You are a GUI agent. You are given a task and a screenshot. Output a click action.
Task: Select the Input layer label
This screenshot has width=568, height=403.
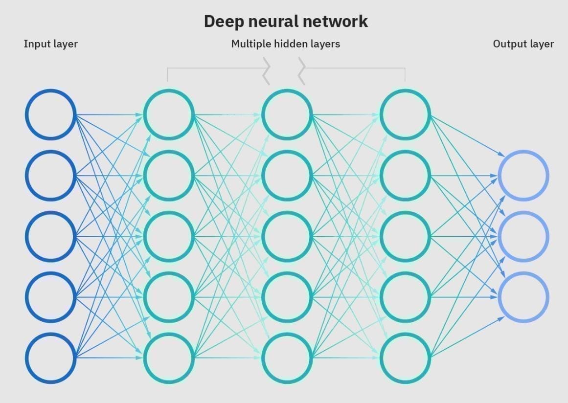pyautogui.click(x=50, y=44)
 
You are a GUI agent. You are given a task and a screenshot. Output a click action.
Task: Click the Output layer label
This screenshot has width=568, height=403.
pyautogui.click(x=523, y=44)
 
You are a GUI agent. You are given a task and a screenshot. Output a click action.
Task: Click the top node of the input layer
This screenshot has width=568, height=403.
pyautogui.click(x=50, y=114)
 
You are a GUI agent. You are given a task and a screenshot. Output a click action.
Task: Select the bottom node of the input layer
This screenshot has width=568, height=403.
pyautogui.click(x=50, y=358)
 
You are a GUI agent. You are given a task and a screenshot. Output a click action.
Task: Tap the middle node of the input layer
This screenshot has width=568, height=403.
pyautogui.click(x=50, y=236)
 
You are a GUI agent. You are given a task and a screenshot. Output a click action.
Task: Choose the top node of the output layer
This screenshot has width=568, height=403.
pyautogui.click(x=523, y=175)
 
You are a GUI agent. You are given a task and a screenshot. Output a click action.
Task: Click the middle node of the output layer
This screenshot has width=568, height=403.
pyautogui.click(x=523, y=236)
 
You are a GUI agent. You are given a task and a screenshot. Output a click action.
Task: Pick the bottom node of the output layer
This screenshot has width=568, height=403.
pyautogui.click(x=523, y=297)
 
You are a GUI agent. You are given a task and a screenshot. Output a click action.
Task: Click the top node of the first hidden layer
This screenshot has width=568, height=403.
pyautogui.click(x=169, y=114)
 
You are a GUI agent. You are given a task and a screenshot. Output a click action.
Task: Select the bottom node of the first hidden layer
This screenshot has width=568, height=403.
pyautogui.click(x=169, y=358)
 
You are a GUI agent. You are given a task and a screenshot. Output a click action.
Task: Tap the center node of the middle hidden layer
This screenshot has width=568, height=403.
pyautogui.click(x=287, y=236)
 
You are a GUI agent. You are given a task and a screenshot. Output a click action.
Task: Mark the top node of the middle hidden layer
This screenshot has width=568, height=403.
pyautogui.click(x=287, y=114)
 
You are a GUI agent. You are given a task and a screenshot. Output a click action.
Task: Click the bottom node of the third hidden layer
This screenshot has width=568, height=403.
pyautogui.click(x=405, y=358)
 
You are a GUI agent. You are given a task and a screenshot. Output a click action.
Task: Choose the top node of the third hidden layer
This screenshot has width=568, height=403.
pyautogui.click(x=405, y=114)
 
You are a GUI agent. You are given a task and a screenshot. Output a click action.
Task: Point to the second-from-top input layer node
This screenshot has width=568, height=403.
pyautogui.click(x=50, y=175)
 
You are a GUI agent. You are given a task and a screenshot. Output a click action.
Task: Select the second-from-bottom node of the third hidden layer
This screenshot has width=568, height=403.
pyautogui.click(x=405, y=297)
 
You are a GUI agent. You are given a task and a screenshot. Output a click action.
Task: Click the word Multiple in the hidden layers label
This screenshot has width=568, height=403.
pyautogui.click(x=250, y=44)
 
